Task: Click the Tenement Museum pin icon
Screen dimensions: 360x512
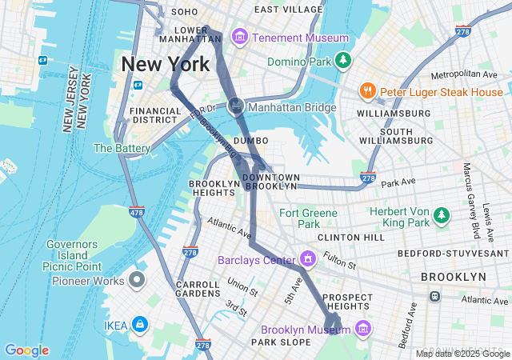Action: click(239, 38)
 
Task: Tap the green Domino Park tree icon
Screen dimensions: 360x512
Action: click(343, 60)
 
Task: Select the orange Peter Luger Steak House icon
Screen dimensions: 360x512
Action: click(367, 91)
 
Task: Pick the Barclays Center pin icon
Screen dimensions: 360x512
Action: click(307, 259)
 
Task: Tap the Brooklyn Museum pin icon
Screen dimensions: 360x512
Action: click(363, 328)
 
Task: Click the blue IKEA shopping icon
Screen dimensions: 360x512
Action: click(140, 324)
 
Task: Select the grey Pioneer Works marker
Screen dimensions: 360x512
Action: click(137, 281)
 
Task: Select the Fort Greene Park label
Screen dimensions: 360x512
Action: click(299, 218)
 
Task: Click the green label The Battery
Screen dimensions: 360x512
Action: click(122, 148)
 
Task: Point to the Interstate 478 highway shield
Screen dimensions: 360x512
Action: click(136, 212)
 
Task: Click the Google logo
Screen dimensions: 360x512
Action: click(26, 350)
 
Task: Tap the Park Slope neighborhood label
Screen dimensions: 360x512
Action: click(274, 342)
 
